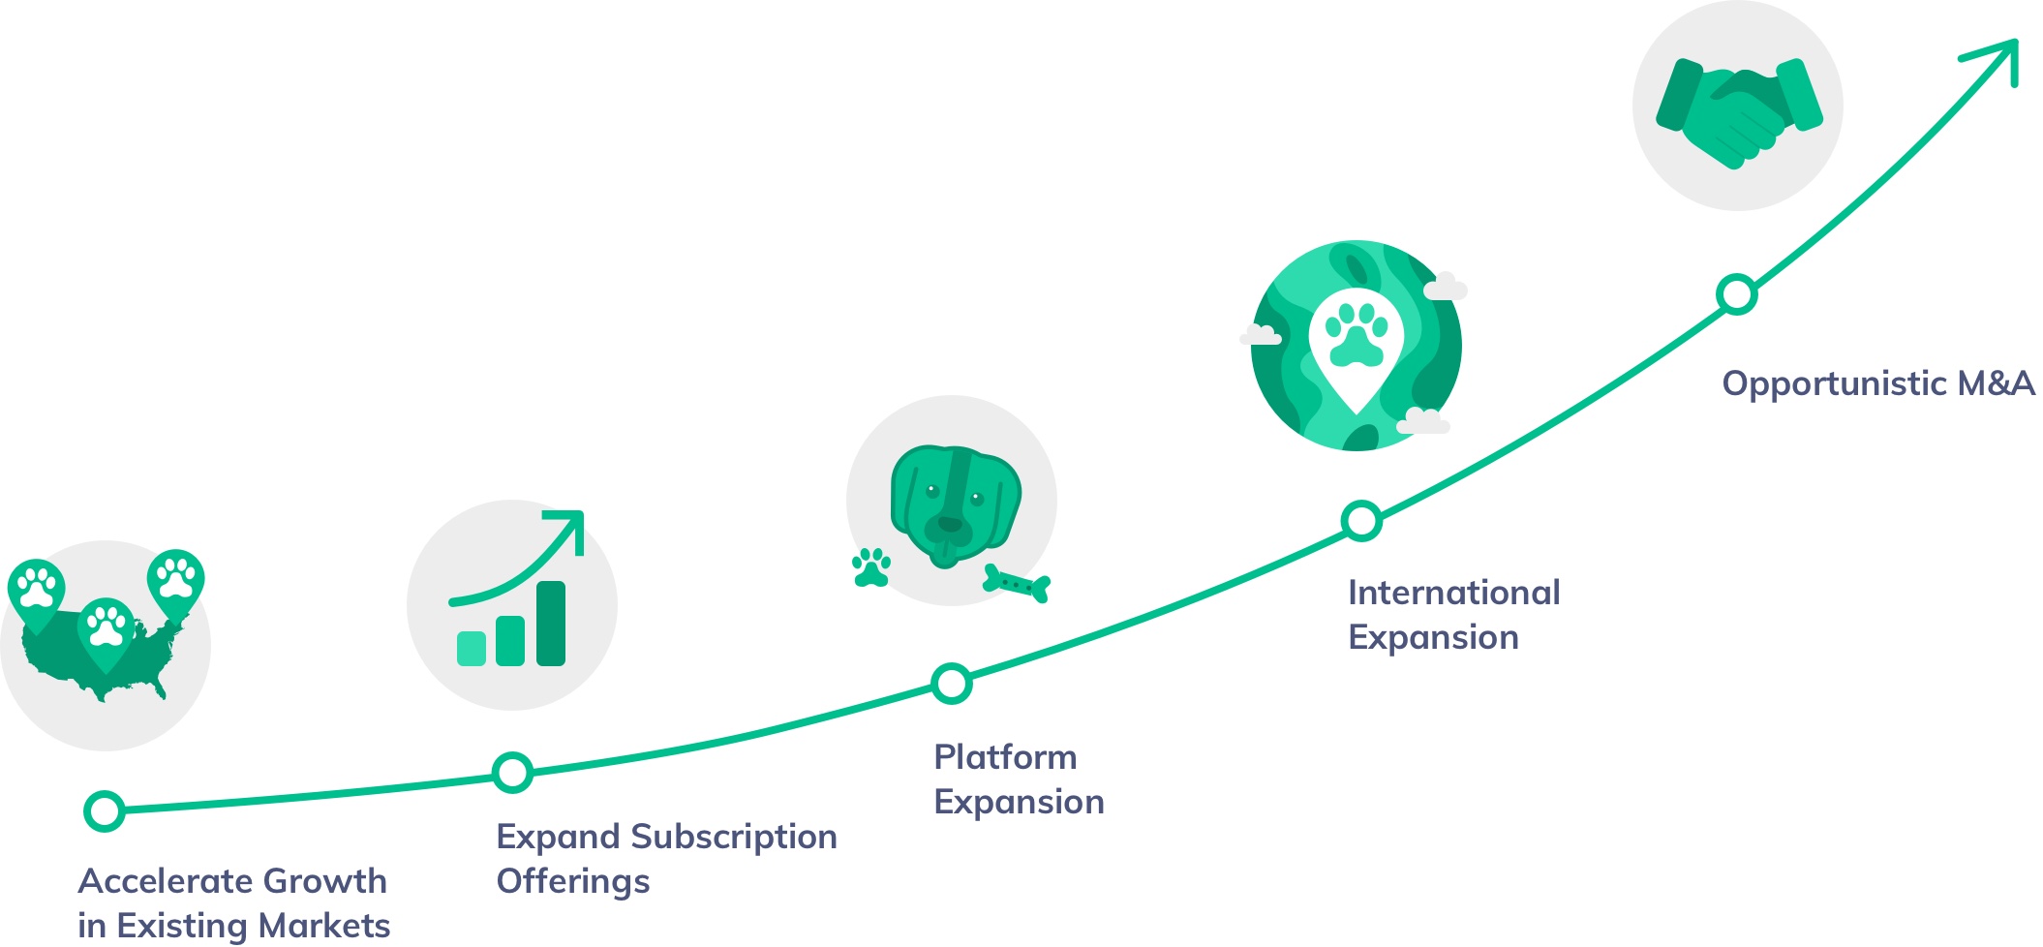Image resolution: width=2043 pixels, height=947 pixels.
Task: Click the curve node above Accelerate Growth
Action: [x=105, y=810]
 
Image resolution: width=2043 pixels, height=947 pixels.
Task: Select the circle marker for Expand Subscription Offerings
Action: [x=512, y=773]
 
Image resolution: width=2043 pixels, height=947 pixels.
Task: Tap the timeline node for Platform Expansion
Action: [x=952, y=684]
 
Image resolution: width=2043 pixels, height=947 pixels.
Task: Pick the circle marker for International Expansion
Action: [x=1361, y=521]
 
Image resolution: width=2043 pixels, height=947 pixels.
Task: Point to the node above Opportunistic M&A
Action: [x=1737, y=293]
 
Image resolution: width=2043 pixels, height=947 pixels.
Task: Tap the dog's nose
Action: [x=949, y=525]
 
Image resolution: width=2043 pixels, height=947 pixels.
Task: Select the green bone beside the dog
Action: [x=1017, y=584]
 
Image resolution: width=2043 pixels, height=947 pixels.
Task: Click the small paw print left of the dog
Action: [x=871, y=568]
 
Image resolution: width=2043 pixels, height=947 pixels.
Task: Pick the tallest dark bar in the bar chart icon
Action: [x=551, y=624]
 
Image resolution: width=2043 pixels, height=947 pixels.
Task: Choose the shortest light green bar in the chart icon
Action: [x=472, y=648]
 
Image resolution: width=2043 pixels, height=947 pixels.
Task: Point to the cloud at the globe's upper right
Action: [x=1445, y=288]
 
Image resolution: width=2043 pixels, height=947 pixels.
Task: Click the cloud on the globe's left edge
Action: [x=1261, y=336]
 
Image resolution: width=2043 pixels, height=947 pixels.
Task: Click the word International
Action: [x=1453, y=593]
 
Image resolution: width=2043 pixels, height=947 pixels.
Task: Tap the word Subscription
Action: [x=741, y=837]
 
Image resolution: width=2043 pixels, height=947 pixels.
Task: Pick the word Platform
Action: [x=1005, y=757]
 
